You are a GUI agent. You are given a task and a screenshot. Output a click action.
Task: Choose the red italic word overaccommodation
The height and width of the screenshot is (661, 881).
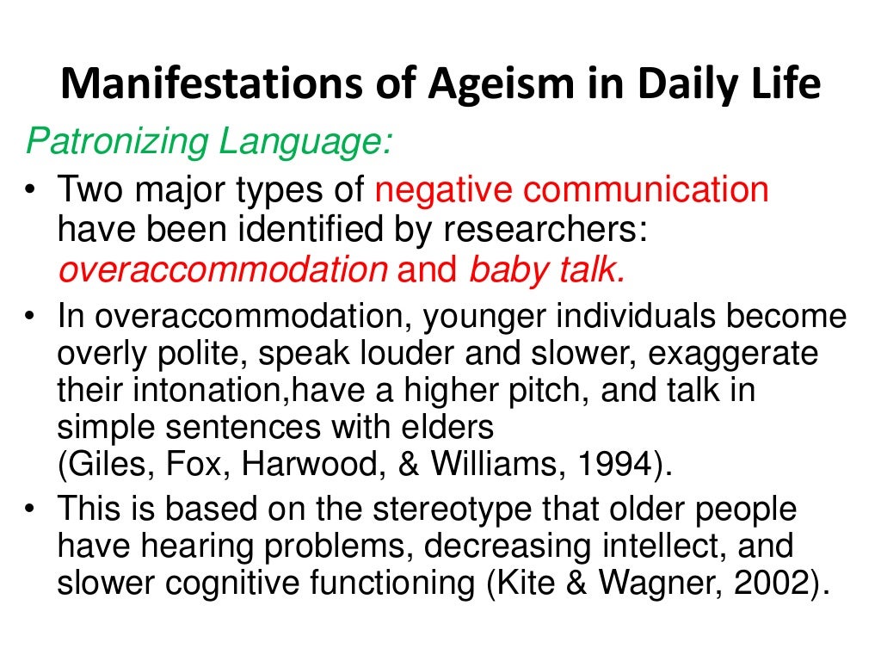222,269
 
